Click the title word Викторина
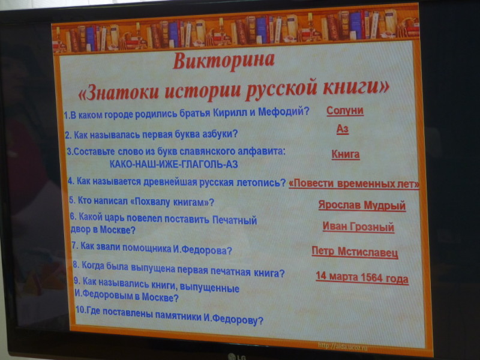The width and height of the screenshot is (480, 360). click(223, 61)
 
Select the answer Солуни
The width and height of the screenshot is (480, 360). click(345, 110)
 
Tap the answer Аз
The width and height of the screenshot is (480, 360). click(343, 129)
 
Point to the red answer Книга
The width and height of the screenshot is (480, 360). click(346, 154)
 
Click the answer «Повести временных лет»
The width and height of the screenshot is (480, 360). click(354, 184)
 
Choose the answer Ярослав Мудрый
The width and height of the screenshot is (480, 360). click(362, 205)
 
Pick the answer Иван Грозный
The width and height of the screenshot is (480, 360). click(358, 227)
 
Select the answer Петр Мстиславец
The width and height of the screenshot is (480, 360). click(355, 252)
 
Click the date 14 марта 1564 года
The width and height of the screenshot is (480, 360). click(362, 278)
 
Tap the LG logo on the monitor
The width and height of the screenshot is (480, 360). click(237, 356)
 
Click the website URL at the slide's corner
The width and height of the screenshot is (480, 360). click(343, 347)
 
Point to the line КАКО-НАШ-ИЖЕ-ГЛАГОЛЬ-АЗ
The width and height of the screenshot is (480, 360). click(173, 164)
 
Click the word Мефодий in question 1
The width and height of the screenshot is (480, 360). click(284, 112)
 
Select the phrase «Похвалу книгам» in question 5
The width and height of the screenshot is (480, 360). click(170, 202)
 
